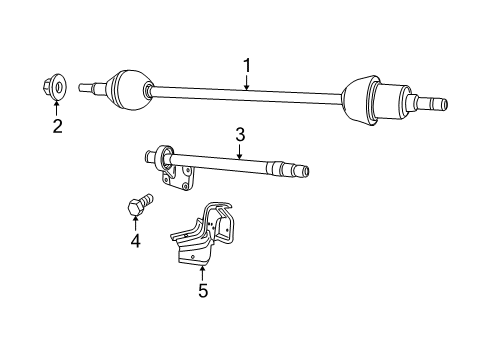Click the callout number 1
pyautogui.click(x=246, y=66)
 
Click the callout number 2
pyautogui.click(x=57, y=125)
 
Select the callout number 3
pyautogui.click(x=240, y=134)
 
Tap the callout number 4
pyautogui.click(x=134, y=241)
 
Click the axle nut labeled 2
pyautogui.click(x=57, y=88)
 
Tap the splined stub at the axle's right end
pyautogui.click(x=433, y=103)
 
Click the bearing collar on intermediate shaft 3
pyautogui.click(x=163, y=158)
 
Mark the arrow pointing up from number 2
pyautogui.click(x=57, y=108)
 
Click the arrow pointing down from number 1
pyautogui.click(x=246, y=82)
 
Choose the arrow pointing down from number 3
pyautogui.click(x=240, y=152)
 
